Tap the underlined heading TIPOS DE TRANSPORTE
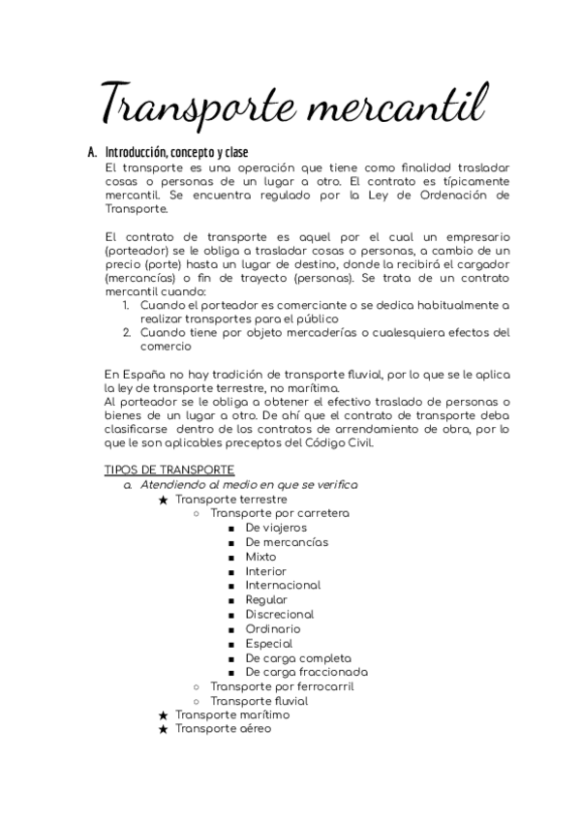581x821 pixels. tap(168, 470)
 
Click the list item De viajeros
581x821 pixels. tap(276, 528)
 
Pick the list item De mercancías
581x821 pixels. tap(287, 542)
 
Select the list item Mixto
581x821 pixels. tap(260, 557)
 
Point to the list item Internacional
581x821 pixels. tap(283, 586)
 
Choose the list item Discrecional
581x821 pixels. tap(280, 614)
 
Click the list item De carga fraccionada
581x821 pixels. tap(306, 672)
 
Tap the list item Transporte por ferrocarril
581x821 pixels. tap(282, 686)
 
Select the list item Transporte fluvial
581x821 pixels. tap(260, 701)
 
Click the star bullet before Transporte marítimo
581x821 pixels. tap(164, 715)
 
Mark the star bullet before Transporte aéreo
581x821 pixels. tap(164, 729)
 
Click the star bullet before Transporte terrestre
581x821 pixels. tap(164, 500)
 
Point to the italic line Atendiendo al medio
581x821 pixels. tap(248, 484)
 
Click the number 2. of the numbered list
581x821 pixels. tap(127, 332)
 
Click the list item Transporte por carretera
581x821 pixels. tap(280, 513)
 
